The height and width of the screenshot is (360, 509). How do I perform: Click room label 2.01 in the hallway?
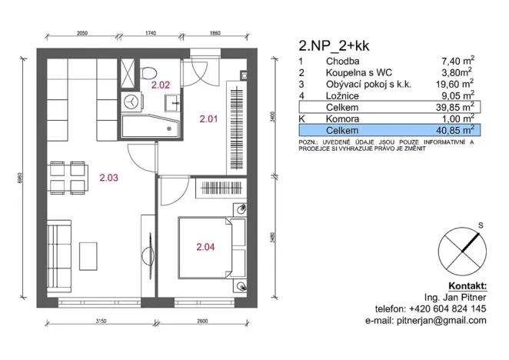(x=209, y=119)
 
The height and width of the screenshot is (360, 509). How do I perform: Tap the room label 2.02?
(x=161, y=85)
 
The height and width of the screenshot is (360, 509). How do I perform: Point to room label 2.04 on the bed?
(x=205, y=247)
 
